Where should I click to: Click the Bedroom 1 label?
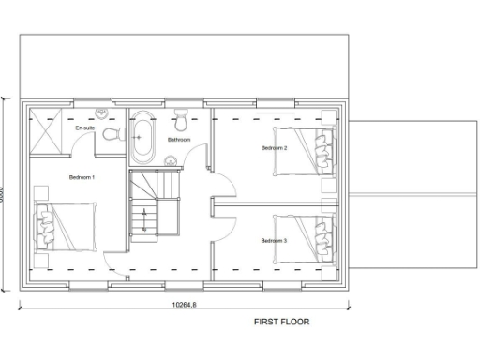point(82,176)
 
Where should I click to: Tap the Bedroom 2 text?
point(274,148)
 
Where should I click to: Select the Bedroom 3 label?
point(274,241)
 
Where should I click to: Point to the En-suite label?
point(85,127)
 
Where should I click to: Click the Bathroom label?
point(179,140)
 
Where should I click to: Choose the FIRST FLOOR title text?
point(281,321)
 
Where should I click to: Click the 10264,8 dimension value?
point(184,304)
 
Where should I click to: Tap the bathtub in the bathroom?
point(142,137)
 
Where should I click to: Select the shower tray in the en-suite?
point(47,131)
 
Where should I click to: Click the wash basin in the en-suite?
point(104,113)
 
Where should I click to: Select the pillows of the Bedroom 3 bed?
point(324,238)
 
